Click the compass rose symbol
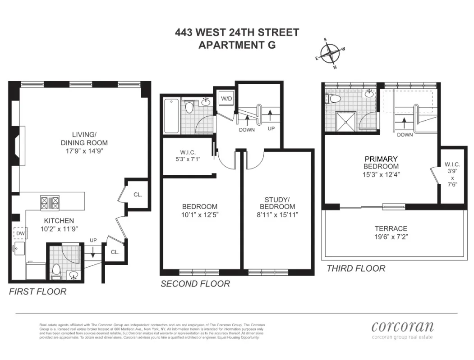coord(332,54)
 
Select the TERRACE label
coord(391,228)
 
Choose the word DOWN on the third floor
coord(405,135)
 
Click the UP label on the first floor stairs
coord(93,241)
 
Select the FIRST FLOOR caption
coord(37,292)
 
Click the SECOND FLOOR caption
coord(195,284)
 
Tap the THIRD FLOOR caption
coord(356,269)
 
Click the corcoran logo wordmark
coord(402,327)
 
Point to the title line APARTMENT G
coord(237,45)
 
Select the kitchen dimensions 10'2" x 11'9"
coord(59,228)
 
